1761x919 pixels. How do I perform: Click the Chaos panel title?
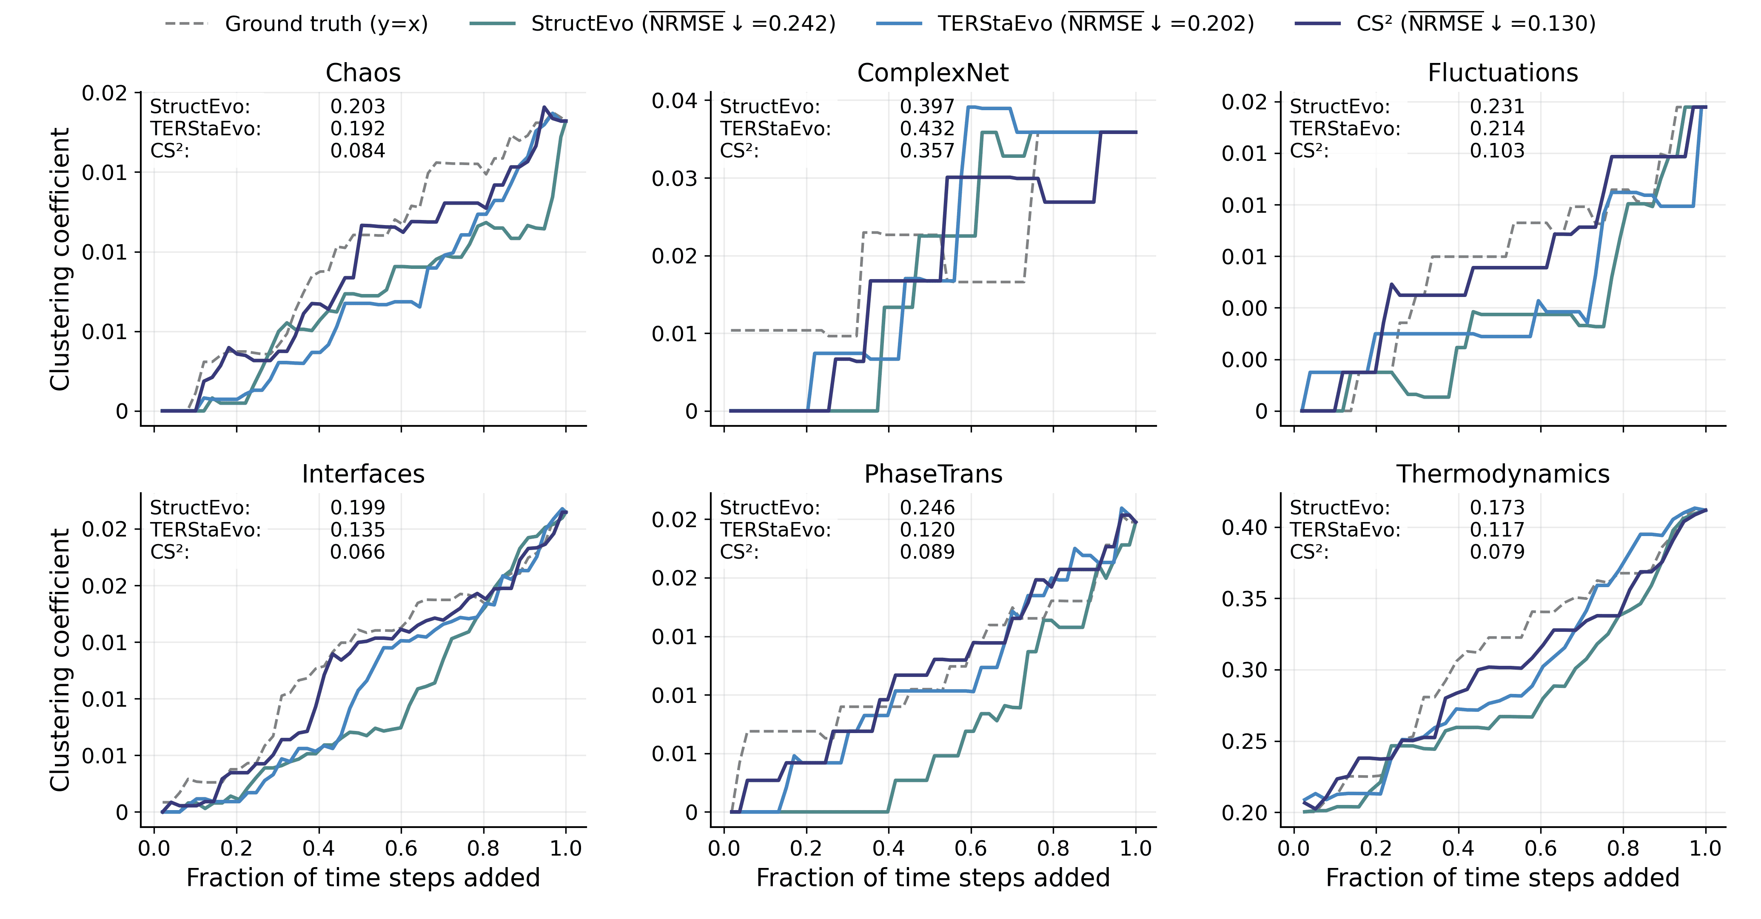363,72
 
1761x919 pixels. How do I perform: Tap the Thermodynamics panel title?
1502,474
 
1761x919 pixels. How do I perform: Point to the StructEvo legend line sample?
492,24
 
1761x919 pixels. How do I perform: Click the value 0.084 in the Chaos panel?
358,151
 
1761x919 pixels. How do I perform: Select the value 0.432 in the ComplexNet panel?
927,128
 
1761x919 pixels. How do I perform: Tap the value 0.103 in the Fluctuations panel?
1497,151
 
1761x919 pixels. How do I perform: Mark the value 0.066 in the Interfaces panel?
358,552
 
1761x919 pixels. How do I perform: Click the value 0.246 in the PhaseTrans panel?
927,507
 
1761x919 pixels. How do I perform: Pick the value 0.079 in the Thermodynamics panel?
1497,552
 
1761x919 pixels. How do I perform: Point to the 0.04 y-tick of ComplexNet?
674,101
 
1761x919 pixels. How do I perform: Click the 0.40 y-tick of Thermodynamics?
1244,527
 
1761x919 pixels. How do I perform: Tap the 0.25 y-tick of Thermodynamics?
1244,741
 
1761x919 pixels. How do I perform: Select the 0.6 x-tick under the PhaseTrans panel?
971,848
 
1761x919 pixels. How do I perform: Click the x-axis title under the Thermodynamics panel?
1502,878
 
